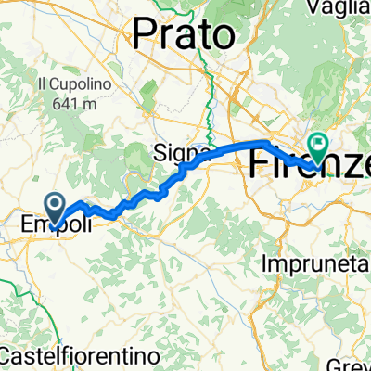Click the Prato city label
tap(183, 35)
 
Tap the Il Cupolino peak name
tap(67, 83)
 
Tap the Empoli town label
tap(57, 224)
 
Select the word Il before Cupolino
tap(41, 83)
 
